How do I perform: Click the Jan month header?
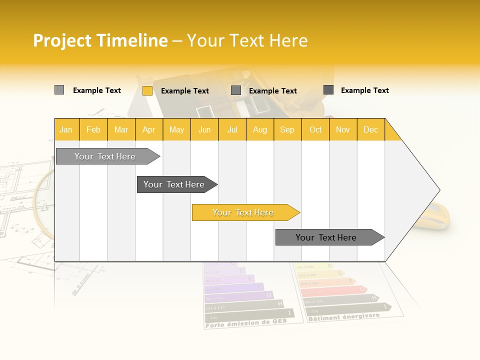(66, 129)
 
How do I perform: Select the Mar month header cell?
(121, 129)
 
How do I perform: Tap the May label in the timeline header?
(176, 129)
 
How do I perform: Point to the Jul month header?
(232, 129)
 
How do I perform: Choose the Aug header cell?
(259, 129)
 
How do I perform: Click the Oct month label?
(315, 129)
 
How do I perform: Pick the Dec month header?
(370, 129)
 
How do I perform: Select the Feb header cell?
(93, 129)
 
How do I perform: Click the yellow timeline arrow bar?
(243, 212)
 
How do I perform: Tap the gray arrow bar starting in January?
(105, 156)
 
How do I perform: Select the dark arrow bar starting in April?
(174, 184)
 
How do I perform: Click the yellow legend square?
(147, 90)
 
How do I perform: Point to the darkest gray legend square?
(328, 90)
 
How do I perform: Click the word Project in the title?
(62, 40)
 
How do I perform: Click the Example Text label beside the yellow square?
(185, 91)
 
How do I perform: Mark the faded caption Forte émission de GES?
(246, 323)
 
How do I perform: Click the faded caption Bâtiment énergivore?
(344, 317)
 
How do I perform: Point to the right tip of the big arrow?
(438, 190)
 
